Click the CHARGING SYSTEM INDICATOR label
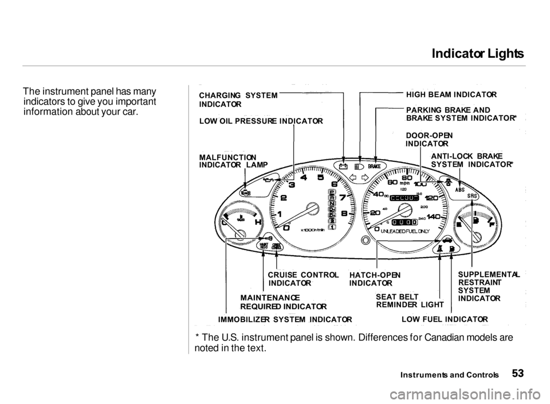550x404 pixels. coord(238,100)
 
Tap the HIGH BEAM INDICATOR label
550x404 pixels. coord(450,93)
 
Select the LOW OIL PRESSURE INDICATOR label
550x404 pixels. coord(261,121)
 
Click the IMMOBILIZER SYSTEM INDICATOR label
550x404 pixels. coord(285,319)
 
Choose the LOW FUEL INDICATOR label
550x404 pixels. coord(445,319)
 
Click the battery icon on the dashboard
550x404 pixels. coord(343,167)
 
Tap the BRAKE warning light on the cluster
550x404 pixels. coord(375,167)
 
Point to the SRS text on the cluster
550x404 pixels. coord(473,196)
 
